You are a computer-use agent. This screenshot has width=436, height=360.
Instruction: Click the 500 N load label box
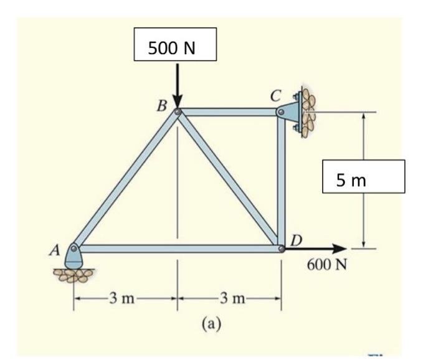point(175,44)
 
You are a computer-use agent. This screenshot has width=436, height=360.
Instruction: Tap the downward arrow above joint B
point(178,85)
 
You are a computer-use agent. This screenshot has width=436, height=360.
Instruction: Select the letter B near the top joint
point(161,105)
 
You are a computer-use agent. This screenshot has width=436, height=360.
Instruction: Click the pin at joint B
point(178,112)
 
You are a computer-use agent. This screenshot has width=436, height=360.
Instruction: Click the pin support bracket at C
point(287,112)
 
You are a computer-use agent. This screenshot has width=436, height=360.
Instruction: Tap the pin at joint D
point(282,249)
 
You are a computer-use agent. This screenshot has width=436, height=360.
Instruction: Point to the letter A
point(54,251)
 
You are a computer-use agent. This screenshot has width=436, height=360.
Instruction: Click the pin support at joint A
point(74,255)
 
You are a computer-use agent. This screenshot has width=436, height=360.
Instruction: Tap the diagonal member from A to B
point(126,180)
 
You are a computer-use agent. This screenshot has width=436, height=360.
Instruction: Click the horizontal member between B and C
point(227,112)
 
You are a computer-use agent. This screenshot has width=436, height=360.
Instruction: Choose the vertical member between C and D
point(282,181)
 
